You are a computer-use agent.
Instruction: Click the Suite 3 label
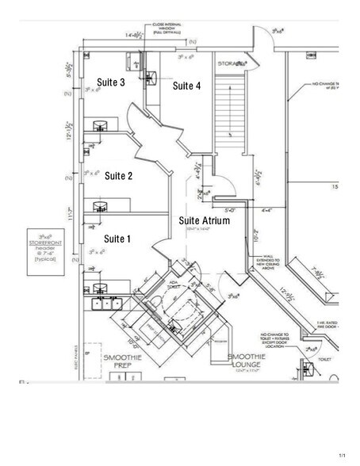[111, 82]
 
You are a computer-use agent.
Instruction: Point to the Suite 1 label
[117, 238]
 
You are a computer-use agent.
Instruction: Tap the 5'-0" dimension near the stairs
[230, 210]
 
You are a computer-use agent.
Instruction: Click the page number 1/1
[343, 455]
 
